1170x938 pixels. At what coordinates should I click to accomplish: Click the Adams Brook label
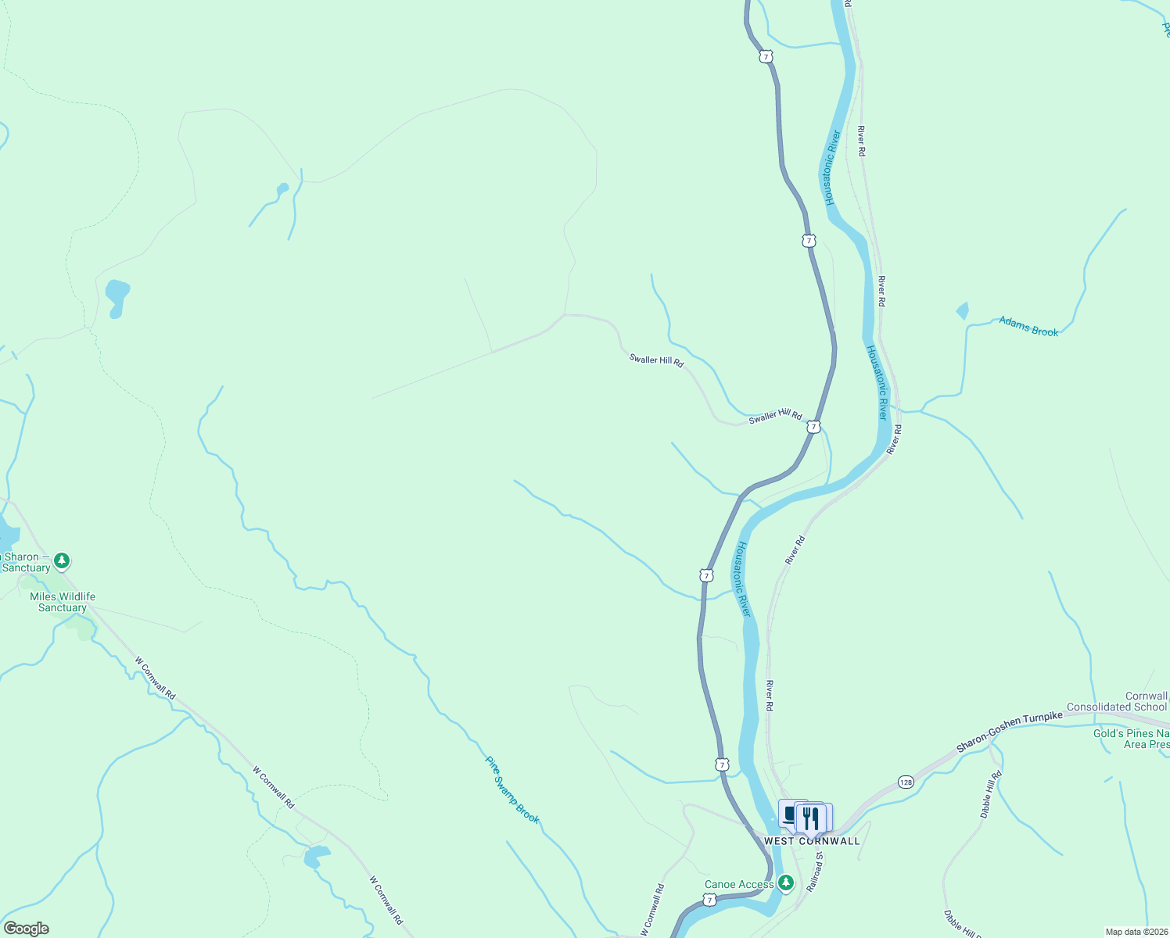tap(1028, 326)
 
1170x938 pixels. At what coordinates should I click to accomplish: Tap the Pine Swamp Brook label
tap(512, 789)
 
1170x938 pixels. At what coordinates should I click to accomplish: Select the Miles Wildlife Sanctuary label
tap(63, 602)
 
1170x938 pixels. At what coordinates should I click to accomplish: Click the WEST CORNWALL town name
tap(812, 841)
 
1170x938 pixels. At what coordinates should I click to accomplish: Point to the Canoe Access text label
tap(739, 885)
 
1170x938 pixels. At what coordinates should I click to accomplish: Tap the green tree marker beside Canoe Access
tap(786, 883)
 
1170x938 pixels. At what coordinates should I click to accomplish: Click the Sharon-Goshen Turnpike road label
tap(1010, 732)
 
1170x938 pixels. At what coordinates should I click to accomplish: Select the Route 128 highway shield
tap(906, 782)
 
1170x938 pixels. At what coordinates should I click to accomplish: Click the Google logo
tap(26, 929)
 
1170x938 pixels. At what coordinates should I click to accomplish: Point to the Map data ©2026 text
tap(1136, 932)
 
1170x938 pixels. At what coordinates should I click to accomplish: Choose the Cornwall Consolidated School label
tap(1118, 701)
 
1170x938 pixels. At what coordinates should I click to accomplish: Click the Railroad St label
tap(815, 872)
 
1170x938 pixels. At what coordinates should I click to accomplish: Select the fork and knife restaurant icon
tap(811, 818)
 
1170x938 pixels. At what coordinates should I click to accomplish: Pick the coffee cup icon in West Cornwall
tap(790, 814)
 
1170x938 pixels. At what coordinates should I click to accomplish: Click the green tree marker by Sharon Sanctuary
tap(62, 560)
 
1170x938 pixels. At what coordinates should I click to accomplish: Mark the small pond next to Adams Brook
tap(963, 311)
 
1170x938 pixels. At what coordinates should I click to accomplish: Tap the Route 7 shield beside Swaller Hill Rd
tap(814, 428)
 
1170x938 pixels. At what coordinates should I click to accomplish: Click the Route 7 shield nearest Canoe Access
tap(709, 900)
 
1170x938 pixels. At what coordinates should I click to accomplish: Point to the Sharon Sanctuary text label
tap(23, 563)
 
